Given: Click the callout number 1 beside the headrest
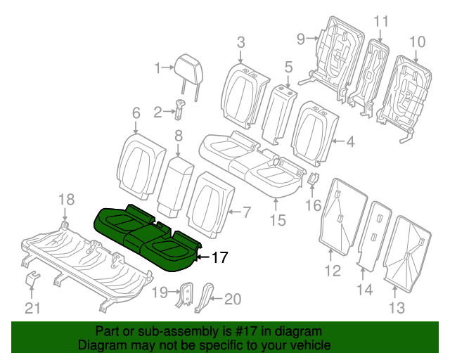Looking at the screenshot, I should (158, 68).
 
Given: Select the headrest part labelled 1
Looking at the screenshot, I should (188, 65).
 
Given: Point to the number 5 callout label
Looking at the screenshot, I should (288, 67).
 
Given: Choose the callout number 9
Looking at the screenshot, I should (300, 39).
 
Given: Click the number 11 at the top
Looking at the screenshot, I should (380, 21).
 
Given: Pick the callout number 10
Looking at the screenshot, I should (418, 42).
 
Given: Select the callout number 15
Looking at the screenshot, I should (278, 220).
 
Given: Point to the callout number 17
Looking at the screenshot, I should (219, 258).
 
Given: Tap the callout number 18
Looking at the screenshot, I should (65, 200).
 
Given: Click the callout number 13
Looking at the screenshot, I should (397, 307).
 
